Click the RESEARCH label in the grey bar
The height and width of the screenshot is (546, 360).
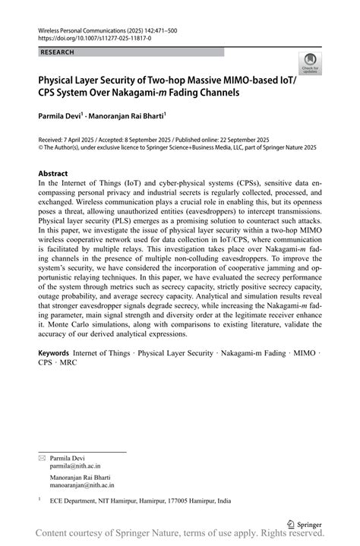click(x=58, y=52)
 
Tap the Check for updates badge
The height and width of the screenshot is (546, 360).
click(x=310, y=64)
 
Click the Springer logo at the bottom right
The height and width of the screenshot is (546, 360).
click(x=305, y=523)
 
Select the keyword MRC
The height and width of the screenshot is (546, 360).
click(x=68, y=363)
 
